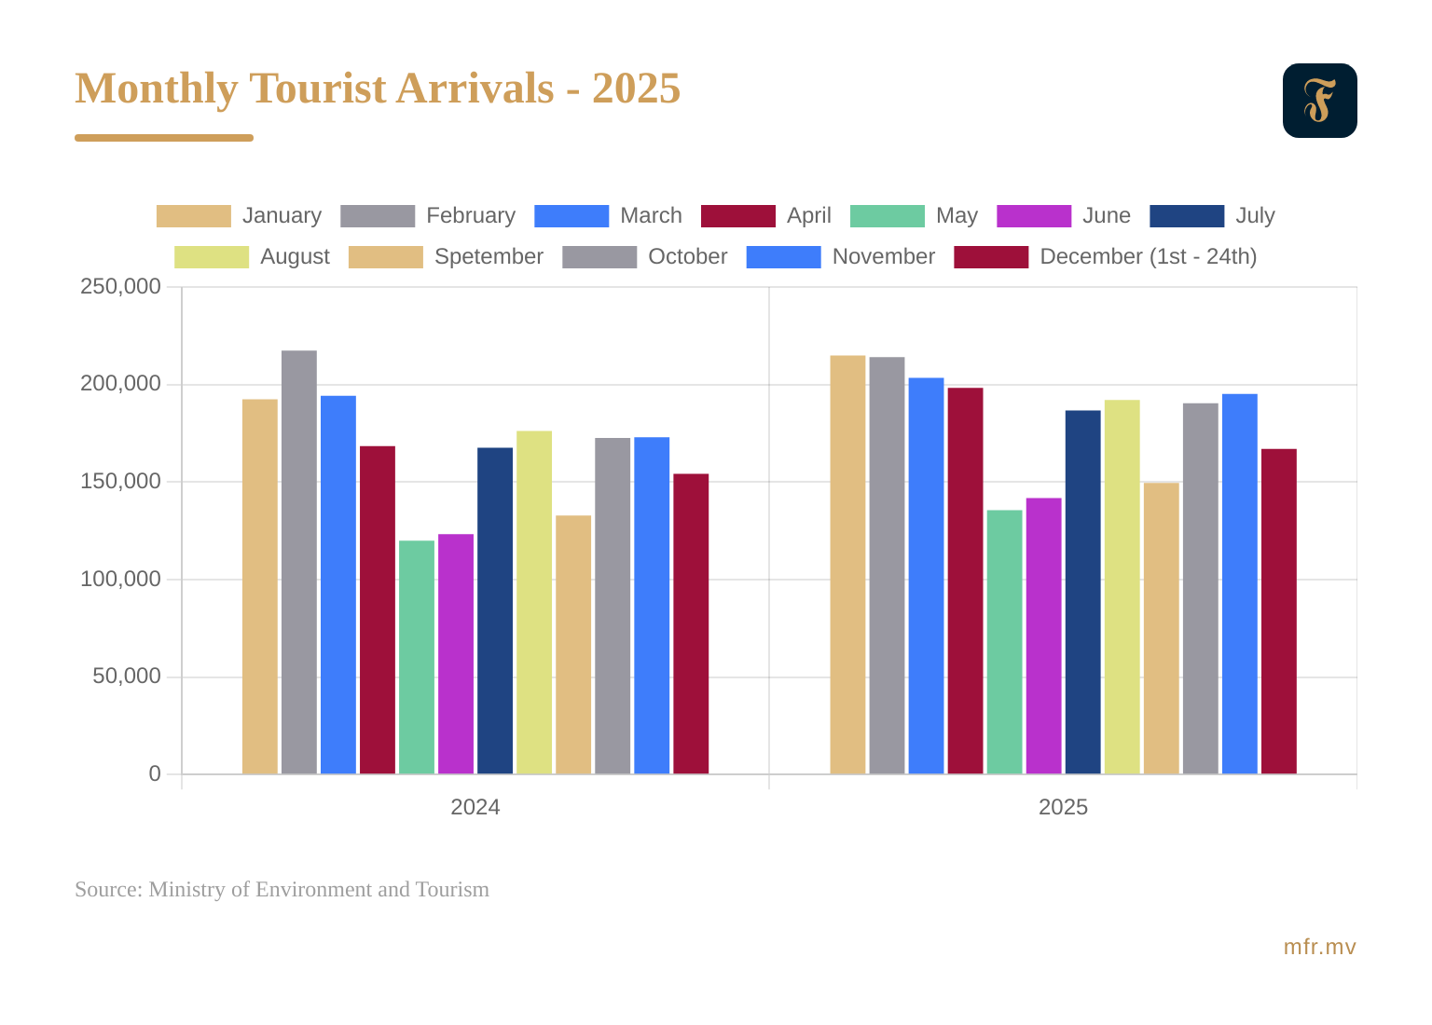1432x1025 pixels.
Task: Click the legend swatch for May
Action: pos(887,216)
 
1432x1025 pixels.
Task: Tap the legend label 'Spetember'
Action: pos(489,257)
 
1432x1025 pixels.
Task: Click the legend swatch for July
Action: pos(1187,216)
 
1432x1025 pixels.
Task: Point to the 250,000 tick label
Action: pos(120,287)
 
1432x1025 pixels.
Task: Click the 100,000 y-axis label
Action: pos(120,580)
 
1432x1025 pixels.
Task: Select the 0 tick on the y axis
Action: pos(155,774)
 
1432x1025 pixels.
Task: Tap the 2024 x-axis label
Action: pos(475,808)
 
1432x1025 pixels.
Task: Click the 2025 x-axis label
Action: pos(1063,808)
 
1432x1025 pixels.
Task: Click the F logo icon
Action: pos(1319,101)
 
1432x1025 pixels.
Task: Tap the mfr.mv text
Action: pos(1319,948)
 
